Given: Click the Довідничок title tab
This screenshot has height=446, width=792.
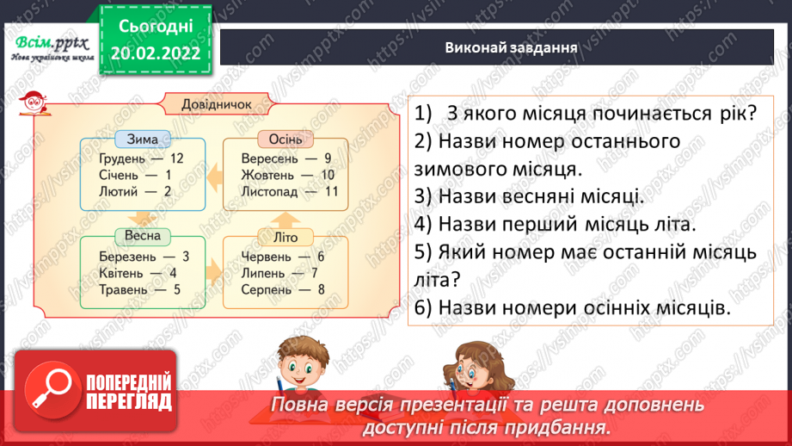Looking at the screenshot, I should [x=217, y=104].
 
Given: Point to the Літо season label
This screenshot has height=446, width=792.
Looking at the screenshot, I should [x=285, y=236].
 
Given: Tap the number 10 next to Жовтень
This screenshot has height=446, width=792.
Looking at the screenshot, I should [x=327, y=175].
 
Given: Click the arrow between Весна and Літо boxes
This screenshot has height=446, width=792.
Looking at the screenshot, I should [x=213, y=273].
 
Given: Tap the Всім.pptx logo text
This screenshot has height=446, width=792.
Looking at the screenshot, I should [x=48, y=44].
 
